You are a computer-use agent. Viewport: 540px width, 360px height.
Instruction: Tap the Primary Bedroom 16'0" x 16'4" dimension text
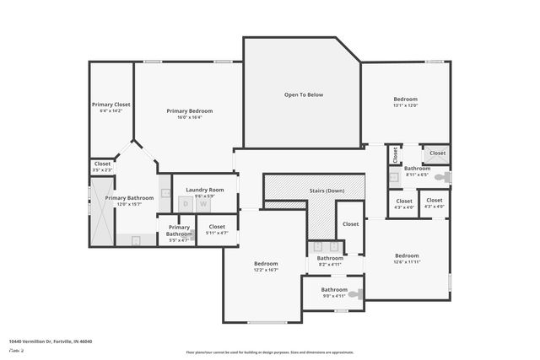[189, 117]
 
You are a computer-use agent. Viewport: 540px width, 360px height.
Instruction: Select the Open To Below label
[303, 94]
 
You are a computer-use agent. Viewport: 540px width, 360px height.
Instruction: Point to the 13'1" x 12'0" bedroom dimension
[405, 105]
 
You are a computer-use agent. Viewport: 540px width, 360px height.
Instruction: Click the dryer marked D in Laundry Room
[186, 204]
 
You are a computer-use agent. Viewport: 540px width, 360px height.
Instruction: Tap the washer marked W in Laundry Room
[202, 204]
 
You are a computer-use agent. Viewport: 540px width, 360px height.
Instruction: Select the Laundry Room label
[204, 190]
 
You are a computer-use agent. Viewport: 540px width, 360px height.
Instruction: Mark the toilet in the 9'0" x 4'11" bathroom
[358, 294]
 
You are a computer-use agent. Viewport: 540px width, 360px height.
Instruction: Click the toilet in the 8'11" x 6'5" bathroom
[444, 176]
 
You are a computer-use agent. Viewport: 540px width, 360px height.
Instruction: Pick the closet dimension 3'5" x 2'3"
[102, 170]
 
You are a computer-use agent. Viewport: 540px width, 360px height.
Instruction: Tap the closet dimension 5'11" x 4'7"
[217, 233]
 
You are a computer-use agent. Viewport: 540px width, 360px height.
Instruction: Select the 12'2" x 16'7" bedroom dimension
[265, 270]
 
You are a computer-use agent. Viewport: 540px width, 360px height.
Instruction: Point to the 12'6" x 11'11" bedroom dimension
[407, 261]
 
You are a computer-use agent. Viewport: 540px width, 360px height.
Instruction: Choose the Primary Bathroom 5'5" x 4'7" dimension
[178, 240]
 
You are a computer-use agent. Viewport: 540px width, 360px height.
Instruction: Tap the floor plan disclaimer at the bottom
[270, 352]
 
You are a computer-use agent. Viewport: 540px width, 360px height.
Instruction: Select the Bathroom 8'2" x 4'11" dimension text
[325, 264]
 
